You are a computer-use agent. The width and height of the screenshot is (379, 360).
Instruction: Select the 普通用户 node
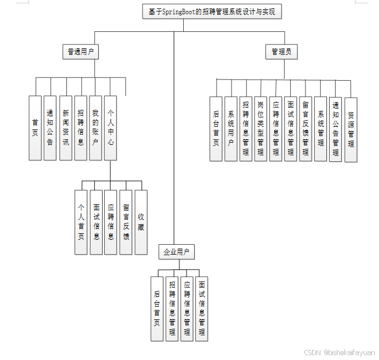click(80, 52)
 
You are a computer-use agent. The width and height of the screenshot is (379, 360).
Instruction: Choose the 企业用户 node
click(177, 252)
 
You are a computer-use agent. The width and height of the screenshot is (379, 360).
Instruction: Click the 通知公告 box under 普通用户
click(50, 128)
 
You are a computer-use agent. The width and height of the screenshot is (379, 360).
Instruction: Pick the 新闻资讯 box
click(65, 128)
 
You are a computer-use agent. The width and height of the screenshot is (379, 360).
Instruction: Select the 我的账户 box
click(95, 128)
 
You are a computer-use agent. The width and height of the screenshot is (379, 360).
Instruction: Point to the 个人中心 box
click(110, 128)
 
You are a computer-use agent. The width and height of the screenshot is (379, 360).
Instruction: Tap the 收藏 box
click(141, 222)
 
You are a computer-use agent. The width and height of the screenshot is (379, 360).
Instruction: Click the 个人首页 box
click(81, 222)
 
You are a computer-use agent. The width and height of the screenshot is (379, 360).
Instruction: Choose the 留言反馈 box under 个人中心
click(126, 222)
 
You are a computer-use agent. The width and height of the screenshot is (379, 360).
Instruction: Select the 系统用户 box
click(231, 128)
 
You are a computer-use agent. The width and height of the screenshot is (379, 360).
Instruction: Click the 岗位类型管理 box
click(261, 128)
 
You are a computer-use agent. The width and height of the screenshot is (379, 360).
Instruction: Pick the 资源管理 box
click(351, 130)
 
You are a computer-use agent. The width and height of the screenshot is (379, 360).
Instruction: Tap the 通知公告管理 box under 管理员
click(336, 129)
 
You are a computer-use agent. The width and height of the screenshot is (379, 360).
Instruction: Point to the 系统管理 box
click(321, 128)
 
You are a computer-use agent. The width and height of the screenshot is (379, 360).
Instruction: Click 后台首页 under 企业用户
click(157, 308)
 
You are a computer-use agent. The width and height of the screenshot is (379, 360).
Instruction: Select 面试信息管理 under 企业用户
click(202, 308)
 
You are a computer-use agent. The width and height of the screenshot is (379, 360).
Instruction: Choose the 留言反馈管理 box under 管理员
click(306, 128)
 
